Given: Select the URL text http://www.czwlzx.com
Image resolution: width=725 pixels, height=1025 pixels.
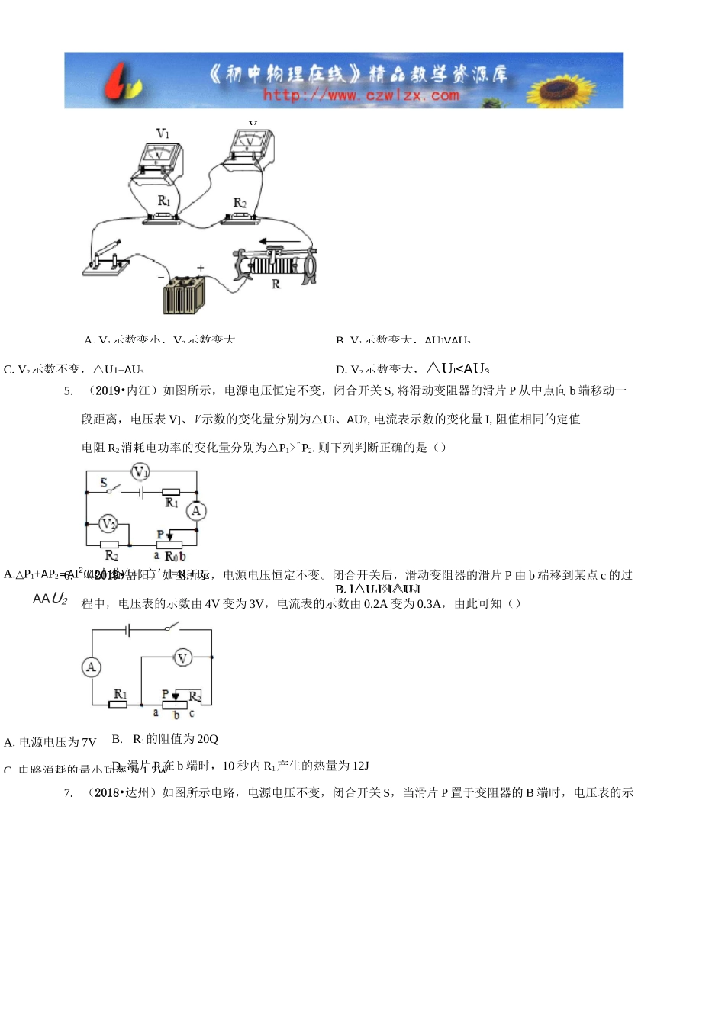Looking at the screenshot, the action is point(361,95).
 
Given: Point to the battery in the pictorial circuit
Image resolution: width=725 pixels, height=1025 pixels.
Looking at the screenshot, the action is point(184,294).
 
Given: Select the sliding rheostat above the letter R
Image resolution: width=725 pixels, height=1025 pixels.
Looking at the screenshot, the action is point(275,263).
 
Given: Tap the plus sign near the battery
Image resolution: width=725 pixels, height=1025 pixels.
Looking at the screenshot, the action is point(201,268).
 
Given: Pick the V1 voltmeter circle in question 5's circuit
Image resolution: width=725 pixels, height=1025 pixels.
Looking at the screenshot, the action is point(140,473).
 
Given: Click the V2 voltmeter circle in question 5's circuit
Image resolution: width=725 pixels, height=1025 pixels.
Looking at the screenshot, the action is point(109,524).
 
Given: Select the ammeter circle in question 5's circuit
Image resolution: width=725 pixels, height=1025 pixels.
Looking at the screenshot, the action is point(196,511).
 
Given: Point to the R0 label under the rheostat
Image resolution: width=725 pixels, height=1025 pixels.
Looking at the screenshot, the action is point(171,557).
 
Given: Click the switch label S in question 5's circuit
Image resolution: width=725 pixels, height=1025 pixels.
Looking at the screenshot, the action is point(104,483).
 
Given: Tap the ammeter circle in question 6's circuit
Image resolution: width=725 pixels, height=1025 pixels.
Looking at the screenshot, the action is point(92,667).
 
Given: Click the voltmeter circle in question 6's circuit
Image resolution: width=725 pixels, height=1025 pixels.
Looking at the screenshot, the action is point(182,657).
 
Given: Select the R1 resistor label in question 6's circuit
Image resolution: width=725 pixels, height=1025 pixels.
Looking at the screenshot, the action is point(120,693).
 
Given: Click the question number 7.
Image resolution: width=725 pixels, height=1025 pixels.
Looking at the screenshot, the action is point(69,793).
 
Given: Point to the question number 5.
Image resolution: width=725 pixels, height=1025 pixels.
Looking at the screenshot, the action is point(69,390).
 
